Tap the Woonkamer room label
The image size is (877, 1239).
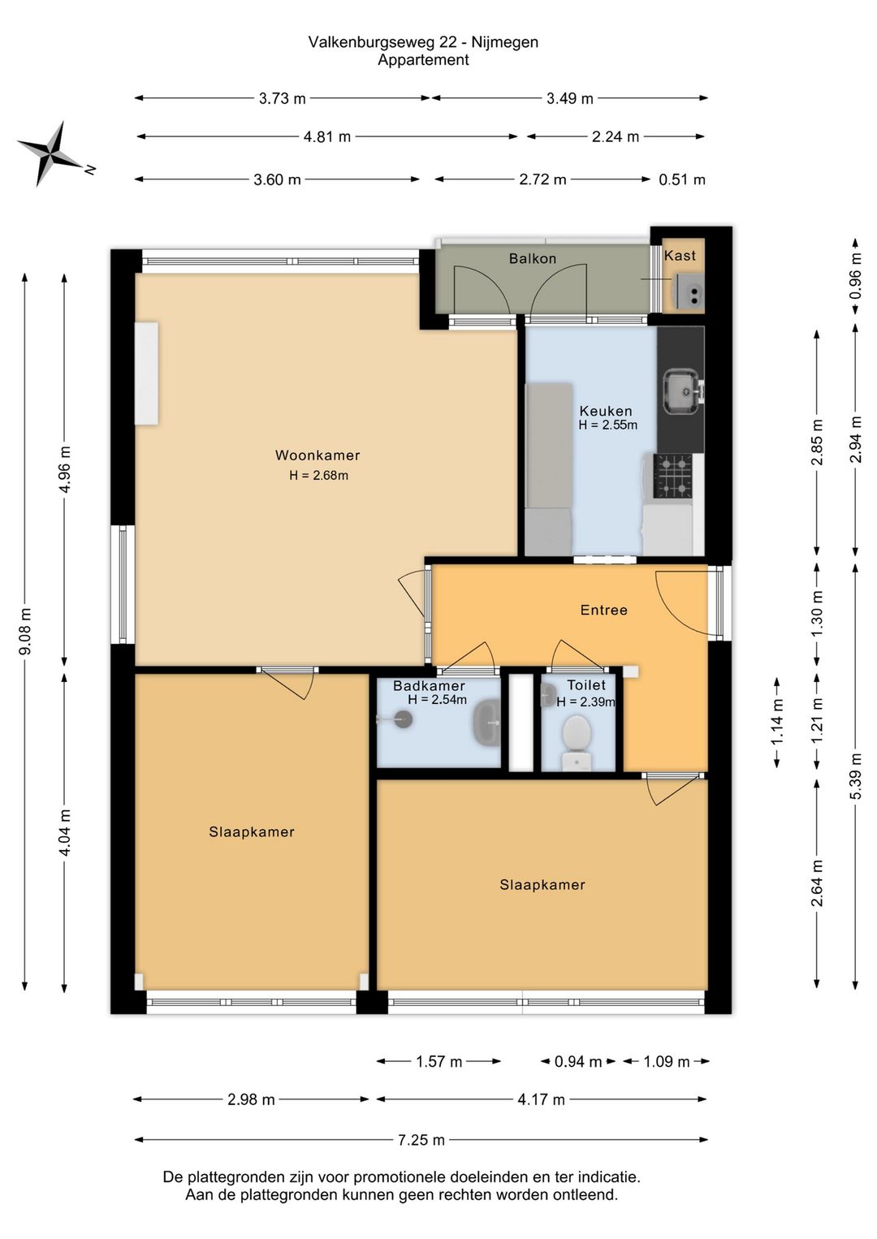pyautogui.click(x=318, y=455)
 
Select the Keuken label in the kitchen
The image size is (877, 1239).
pyautogui.click(x=605, y=411)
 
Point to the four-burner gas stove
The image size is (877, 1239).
pyautogui.click(x=673, y=475)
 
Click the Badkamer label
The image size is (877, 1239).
pyautogui.click(x=429, y=686)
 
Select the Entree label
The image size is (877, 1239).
pyautogui.click(x=603, y=610)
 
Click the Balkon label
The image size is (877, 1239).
pyautogui.click(x=532, y=258)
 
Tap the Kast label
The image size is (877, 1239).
pyautogui.click(x=680, y=256)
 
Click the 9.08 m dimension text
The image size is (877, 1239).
pyautogui.click(x=25, y=631)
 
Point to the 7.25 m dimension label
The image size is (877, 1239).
pyautogui.click(x=421, y=1140)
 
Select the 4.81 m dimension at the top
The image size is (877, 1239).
pyautogui.click(x=327, y=136)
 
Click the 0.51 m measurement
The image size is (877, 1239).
pyautogui.click(x=681, y=179)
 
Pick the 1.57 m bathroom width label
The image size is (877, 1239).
pyautogui.click(x=438, y=1061)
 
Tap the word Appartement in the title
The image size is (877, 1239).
pyautogui.click(x=423, y=60)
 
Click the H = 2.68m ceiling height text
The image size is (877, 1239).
pyautogui.click(x=318, y=475)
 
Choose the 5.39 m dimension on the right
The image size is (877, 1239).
pyautogui.click(x=855, y=776)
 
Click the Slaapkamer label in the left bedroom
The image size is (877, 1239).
pyautogui.click(x=251, y=832)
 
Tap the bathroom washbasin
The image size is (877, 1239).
pyautogui.click(x=486, y=722)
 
